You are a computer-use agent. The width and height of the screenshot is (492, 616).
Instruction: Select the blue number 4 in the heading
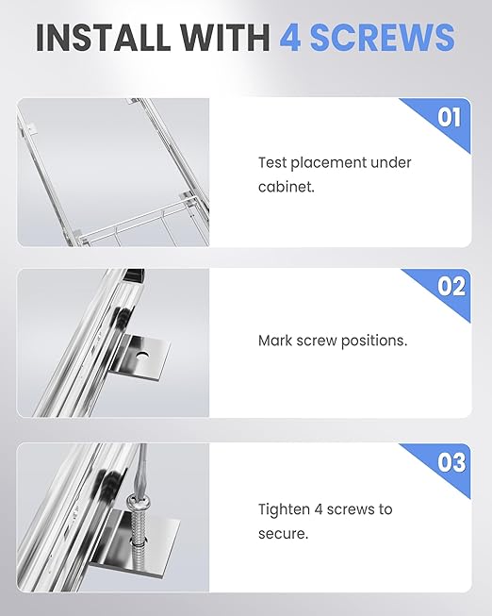290,38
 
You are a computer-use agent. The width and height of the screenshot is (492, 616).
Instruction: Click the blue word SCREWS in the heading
383,38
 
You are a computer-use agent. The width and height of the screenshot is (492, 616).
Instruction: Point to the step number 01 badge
450,117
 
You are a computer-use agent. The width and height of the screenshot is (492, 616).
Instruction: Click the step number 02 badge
451,287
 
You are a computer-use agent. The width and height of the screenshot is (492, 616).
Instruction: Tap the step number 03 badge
451,462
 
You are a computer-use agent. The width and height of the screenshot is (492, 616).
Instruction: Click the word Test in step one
272,162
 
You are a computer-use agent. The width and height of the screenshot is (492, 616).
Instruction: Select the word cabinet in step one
287,187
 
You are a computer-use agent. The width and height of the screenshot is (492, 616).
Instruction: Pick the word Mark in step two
275,341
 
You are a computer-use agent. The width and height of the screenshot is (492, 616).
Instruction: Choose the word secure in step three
283,534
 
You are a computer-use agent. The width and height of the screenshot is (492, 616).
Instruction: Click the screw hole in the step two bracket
141,356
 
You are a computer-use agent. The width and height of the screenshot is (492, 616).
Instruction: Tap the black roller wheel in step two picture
121,317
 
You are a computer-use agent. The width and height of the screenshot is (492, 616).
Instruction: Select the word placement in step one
329,163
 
